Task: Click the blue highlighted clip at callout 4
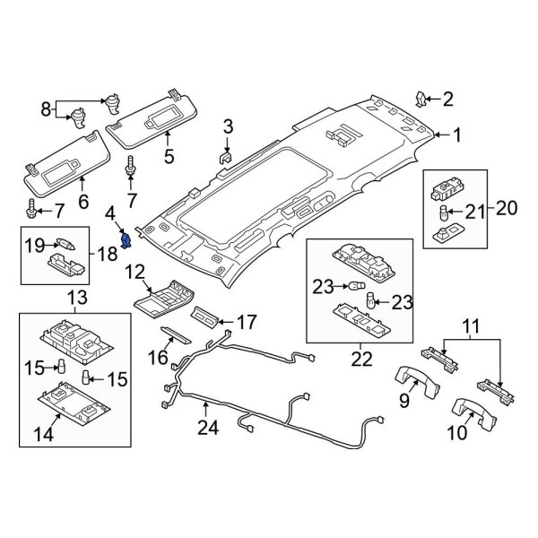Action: tap(126, 240)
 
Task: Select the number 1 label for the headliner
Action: tap(456, 135)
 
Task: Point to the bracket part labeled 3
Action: tap(227, 159)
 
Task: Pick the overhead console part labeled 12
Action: tap(164, 297)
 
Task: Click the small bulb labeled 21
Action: tap(443, 213)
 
